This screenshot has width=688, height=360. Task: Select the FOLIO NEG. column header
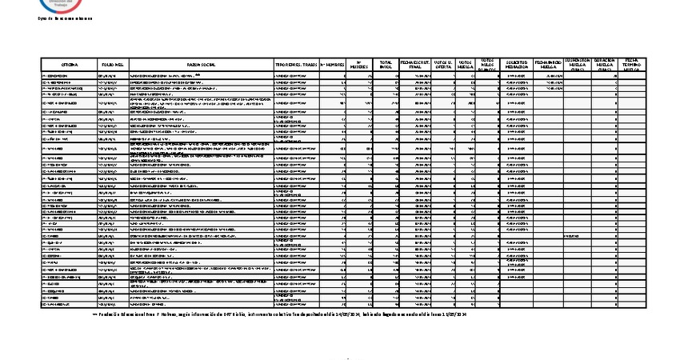(112, 64)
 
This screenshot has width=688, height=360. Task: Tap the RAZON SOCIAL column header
(202, 64)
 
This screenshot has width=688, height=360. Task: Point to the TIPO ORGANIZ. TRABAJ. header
(296, 64)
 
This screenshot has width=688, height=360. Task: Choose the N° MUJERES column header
(360, 64)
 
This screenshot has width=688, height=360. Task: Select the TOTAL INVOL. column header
(386, 64)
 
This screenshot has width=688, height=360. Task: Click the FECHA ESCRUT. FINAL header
(415, 64)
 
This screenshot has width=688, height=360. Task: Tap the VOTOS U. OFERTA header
(443, 64)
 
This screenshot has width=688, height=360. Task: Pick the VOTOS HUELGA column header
(466, 64)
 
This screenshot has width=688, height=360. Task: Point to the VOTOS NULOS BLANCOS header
(487, 64)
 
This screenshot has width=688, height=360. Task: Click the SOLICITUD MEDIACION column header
(516, 64)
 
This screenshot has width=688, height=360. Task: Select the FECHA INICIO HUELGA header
(548, 64)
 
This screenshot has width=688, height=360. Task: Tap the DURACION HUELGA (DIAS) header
(604, 64)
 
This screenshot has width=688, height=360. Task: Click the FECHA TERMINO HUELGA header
(632, 64)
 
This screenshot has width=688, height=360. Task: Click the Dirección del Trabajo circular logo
(56, 5)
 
